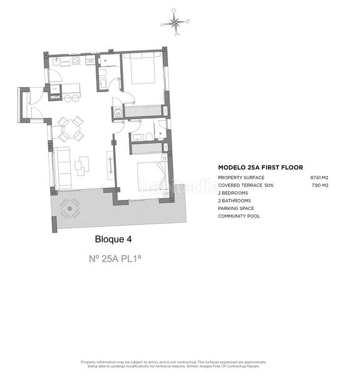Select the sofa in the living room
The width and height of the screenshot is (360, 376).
tap(61, 167)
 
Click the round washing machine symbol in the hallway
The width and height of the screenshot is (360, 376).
tap(117, 113)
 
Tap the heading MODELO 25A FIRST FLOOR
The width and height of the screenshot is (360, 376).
tap(260, 167)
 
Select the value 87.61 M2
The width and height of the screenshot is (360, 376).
tap(319, 177)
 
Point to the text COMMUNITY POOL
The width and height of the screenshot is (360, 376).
tap(239, 216)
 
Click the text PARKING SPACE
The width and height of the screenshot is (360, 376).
tap(235, 208)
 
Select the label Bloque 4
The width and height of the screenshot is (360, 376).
tap(113, 239)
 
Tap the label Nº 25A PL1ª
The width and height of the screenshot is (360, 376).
tap(113, 258)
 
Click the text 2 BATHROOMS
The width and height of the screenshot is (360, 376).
tap(234, 201)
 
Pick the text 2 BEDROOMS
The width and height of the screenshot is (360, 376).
tap(233, 193)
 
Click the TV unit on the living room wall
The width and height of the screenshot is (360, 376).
tap(111, 166)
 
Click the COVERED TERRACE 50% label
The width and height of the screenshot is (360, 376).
tap(247, 185)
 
